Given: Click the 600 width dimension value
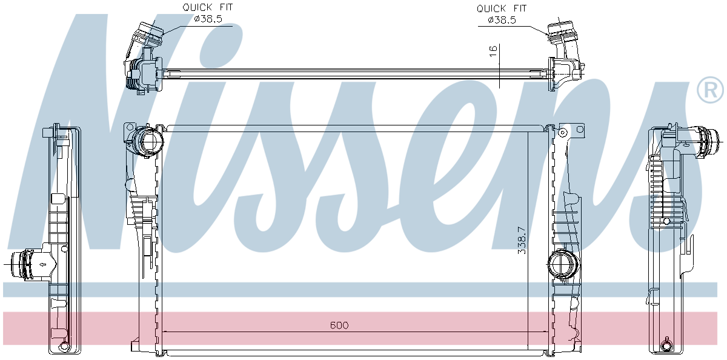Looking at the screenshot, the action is (339, 325).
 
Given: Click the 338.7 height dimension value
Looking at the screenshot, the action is (522, 241).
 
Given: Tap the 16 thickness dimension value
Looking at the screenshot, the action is (493, 51).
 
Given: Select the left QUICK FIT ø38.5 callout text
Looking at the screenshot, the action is (208, 13).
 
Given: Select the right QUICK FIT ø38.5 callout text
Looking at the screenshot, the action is (502, 15).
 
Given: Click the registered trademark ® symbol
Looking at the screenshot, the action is (710, 90).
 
